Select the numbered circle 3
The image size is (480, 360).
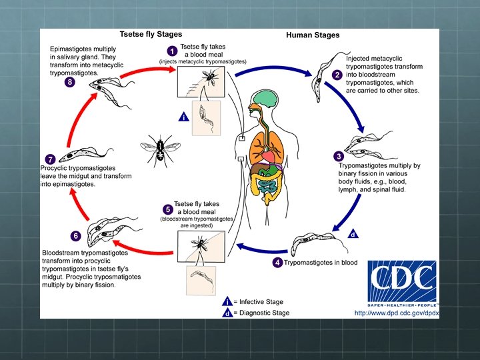[x=339, y=156]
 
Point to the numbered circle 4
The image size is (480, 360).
[x=277, y=262]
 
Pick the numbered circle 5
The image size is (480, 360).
[x=167, y=209]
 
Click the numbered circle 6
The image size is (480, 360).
[x=75, y=235]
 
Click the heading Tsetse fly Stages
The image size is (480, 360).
[x=150, y=35]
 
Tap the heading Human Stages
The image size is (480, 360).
[x=313, y=35]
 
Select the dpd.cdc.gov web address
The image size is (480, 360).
[x=396, y=313]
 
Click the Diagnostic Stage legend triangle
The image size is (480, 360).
[x=228, y=312]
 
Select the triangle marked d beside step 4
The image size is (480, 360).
[x=353, y=234]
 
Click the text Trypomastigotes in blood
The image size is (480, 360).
[x=321, y=263]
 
